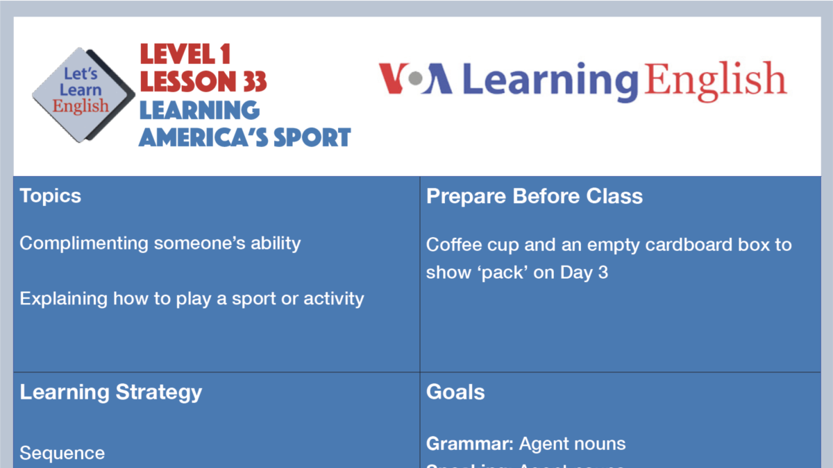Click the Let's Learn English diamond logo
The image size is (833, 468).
tap(83, 95)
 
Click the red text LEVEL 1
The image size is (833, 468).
tap(185, 54)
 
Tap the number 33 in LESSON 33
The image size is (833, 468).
tap(255, 82)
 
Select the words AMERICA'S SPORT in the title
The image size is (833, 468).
tap(244, 137)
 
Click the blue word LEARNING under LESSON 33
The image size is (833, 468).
tap(199, 110)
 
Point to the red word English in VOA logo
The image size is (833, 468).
tap(715, 80)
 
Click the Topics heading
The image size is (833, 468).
tap(51, 196)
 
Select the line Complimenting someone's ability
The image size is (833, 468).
tap(160, 243)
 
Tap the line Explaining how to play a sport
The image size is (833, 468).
tap(192, 299)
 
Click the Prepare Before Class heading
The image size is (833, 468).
tap(534, 196)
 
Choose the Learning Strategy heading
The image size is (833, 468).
tap(111, 392)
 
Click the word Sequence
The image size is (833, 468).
tap(62, 453)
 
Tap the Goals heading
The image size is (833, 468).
tap(455, 392)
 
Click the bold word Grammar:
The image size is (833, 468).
tap(469, 444)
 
